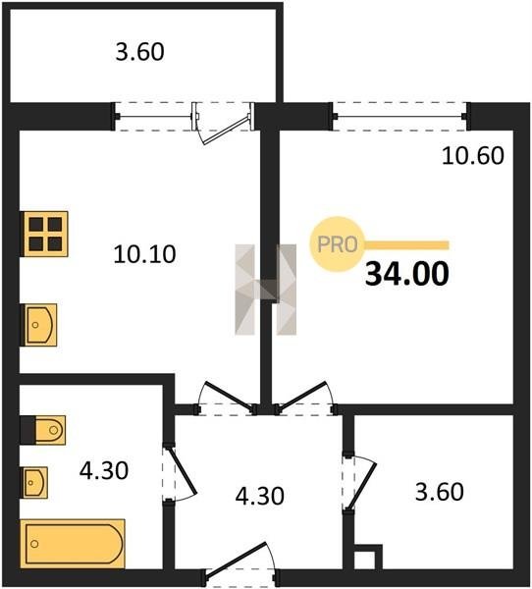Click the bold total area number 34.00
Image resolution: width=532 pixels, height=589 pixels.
[407, 274]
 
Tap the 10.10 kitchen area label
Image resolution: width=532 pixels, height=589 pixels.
[144, 254]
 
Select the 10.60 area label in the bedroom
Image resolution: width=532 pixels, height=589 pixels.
[473, 155]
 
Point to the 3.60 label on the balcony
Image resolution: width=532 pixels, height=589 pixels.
[139, 52]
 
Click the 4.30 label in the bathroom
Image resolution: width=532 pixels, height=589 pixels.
[104, 470]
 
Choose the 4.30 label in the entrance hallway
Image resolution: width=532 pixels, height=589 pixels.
[259, 496]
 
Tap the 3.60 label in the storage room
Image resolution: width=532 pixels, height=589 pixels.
[439, 492]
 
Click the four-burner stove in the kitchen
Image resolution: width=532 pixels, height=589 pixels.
[45, 234]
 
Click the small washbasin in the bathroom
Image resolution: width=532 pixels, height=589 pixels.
[35, 482]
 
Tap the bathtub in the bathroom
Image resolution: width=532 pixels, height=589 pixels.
[73, 543]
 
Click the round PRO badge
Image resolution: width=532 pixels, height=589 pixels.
[337, 244]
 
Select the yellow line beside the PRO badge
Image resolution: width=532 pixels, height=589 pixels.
[407, 245]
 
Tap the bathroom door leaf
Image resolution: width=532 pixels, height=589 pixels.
[182, 469]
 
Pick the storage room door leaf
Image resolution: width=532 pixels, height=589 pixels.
[362, 486]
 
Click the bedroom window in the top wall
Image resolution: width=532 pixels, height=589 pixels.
[400, 117]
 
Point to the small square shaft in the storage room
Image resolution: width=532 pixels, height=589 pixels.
[368, 557]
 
